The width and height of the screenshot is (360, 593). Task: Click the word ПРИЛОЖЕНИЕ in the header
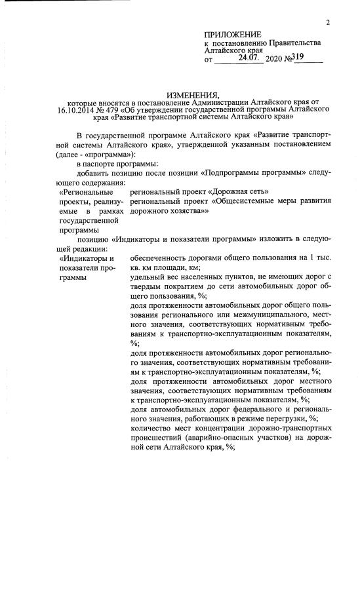pos(232,34)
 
